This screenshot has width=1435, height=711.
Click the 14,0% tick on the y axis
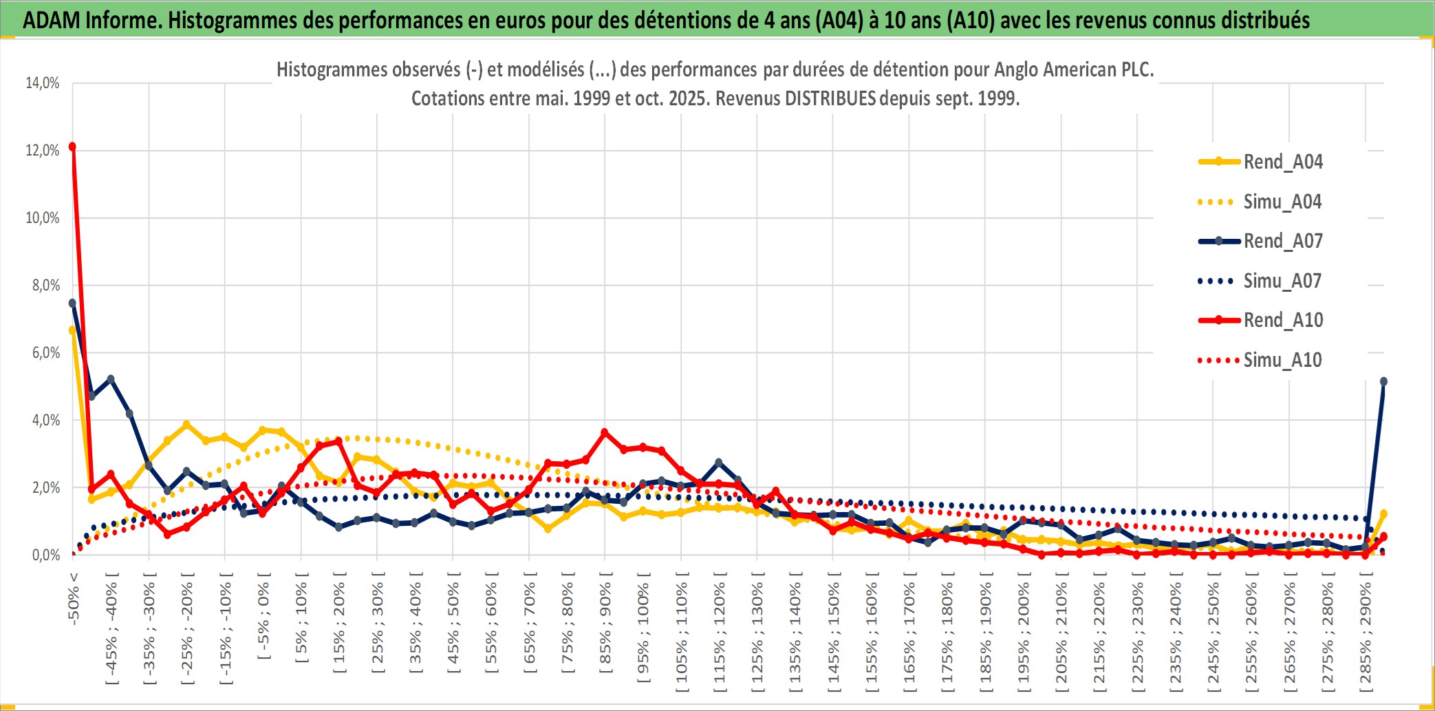click(43, 83)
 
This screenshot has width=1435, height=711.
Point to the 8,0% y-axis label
click(45, 285)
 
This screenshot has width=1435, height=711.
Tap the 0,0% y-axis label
click(45, 555)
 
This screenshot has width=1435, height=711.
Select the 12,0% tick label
click(43, 150)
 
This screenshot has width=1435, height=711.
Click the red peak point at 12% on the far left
click(72, 147)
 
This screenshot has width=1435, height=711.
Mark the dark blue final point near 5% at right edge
click(1383, 381)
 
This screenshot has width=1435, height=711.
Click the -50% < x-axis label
click(74, 598)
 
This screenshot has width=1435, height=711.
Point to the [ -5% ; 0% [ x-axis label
click(263, 617)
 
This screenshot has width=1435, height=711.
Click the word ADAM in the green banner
click(52, 20)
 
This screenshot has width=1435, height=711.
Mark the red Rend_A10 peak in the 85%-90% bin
click(605, 432)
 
